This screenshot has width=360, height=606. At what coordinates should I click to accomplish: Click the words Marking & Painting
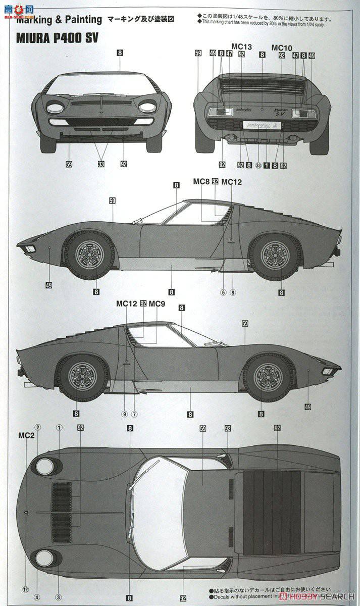coord(59,20)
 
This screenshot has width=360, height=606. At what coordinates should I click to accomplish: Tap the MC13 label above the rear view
coord(241,46)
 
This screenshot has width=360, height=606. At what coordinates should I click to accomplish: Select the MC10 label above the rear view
coord(282,47)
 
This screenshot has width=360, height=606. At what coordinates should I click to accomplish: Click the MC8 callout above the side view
coord(201,182)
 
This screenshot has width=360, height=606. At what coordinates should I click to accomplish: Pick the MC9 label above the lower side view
coord(157,304)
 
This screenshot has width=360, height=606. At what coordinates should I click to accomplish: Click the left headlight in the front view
coord(55,108)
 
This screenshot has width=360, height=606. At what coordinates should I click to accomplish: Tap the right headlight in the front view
coord(147,107)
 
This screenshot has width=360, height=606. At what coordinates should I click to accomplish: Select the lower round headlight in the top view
coord(45,558)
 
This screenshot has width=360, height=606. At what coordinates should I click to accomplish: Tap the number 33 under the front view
coord(101,164)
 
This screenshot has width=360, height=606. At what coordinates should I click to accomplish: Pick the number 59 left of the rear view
coord(197,53)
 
